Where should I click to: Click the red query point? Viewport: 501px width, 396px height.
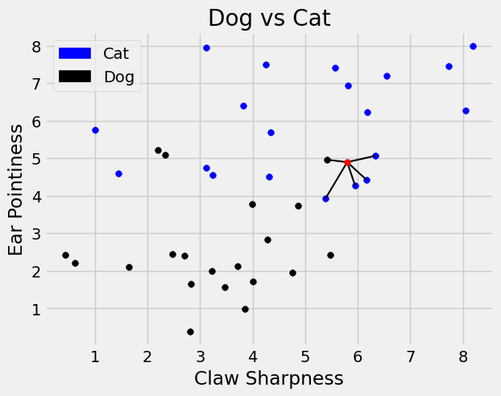(347, 162)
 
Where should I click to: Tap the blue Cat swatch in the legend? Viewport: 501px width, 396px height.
(76, 53)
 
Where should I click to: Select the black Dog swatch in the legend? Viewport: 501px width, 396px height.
(76, 77)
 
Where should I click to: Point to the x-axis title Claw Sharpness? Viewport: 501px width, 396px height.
(269, 378)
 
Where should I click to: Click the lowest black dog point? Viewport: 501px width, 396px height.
(190, 331)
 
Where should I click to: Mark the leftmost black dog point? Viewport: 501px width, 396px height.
(65, 255)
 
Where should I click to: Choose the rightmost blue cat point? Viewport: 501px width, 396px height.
(473, 46)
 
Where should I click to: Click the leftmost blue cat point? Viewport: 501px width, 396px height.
(95, 130)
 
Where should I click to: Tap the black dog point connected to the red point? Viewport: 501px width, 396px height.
(327, 160)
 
